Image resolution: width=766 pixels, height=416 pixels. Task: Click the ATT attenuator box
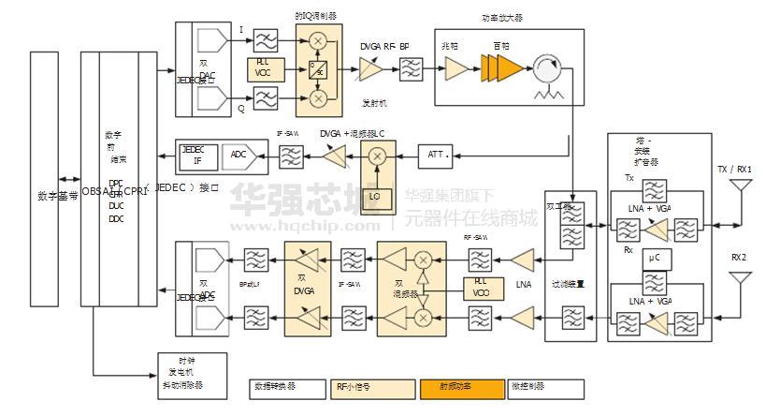click(437, 154)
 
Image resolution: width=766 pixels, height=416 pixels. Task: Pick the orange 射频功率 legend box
click(459, 386)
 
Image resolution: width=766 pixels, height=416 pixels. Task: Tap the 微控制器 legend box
click(545, 386)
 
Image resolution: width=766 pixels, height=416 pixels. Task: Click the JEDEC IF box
click(197, 156)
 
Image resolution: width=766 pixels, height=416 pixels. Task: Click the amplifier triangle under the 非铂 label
click(456, 68)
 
